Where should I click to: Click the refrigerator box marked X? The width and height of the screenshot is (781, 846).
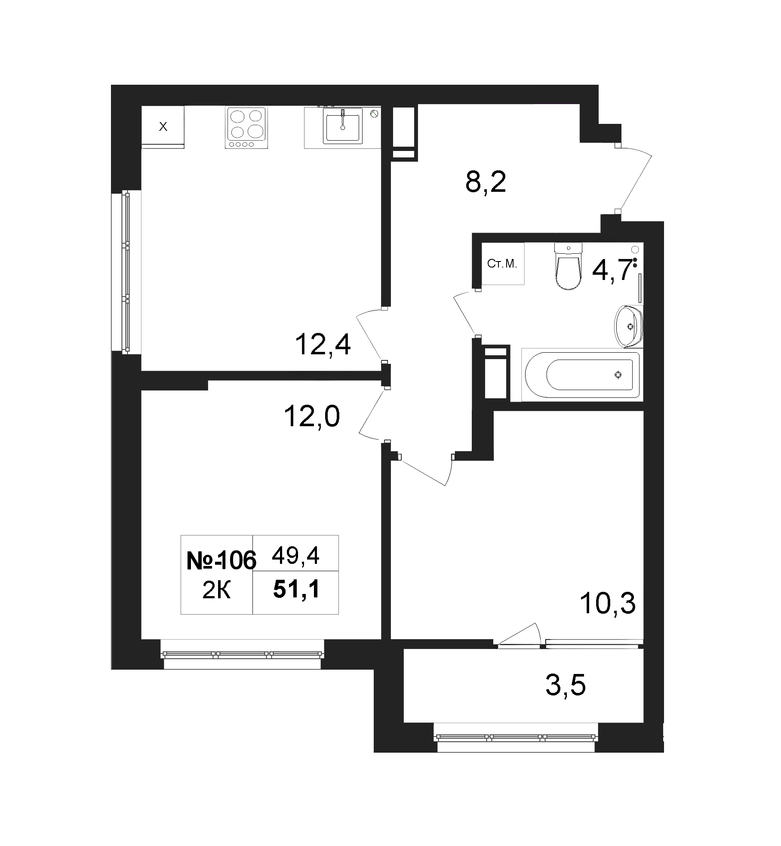(x=163, y=127)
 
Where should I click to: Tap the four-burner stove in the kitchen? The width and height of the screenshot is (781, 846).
(x=246, y=128)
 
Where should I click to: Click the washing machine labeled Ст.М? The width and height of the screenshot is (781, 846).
(x=503, y=264)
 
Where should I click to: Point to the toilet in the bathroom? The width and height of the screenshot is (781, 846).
(x=569, y=266)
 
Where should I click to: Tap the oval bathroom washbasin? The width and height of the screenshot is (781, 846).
(x=629, y=326)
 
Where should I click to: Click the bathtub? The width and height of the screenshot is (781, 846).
(x=581, y=375)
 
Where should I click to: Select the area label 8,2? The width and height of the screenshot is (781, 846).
(x=486, y=182)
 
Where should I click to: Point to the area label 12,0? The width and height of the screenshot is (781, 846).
(x=312, y=417)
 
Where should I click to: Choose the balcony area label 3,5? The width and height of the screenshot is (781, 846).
(x=566, y=698)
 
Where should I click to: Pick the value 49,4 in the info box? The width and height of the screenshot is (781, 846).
(x=295, y=557)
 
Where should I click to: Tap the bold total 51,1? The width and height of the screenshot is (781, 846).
(x=296, y=590)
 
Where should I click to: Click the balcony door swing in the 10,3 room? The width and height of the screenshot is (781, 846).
(x=520, y=641)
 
